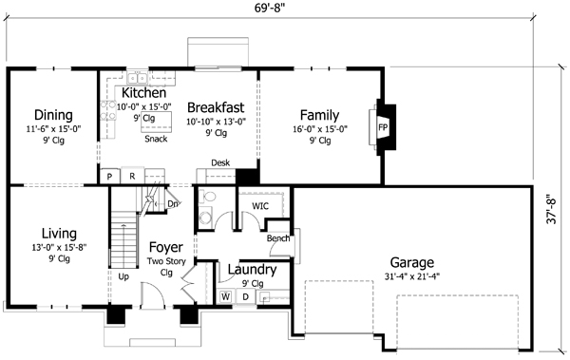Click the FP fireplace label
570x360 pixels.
[x=383, y=127]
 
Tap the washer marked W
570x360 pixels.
[x=225, y=296]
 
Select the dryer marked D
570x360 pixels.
[x=246, y=296]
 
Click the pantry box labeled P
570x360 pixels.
[x=109, y=177]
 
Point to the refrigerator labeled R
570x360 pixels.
[x=132, y=177]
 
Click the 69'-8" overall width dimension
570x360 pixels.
[x=270, y=9]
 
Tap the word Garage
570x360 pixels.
[x=412, y=262]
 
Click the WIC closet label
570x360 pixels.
[x=260, y=206]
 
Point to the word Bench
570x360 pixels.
[x=278, y=238]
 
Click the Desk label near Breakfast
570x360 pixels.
[x=220, y=163]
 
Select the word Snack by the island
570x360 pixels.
[x=156, y=139]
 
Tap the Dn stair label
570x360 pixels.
[x=173, y=204]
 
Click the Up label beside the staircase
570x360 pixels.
[x=123, y=276]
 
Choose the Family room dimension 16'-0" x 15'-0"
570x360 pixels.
[x=320, y=129]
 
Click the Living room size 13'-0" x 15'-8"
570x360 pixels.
[x=59, y=248]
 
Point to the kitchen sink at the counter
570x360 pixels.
[x=137, y=78]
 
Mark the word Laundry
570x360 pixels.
[x=252, y=270]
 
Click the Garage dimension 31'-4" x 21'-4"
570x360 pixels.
[x=412, y=276]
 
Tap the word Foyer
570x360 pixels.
[x=165, y=248]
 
